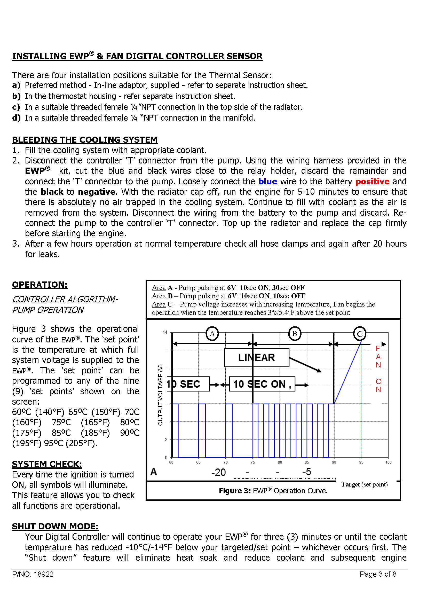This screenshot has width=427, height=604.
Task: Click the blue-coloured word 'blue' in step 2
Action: tap(267, 182)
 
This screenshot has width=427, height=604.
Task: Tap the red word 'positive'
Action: tap(372, 182)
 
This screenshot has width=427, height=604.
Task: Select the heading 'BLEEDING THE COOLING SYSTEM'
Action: tap(85, 140)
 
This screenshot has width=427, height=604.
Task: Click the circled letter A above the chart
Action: tap(212, 334)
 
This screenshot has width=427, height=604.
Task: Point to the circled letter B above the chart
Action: tap(295, 334)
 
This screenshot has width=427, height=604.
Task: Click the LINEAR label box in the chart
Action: tap(256, 357)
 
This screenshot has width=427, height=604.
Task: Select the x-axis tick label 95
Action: tap(361, 462)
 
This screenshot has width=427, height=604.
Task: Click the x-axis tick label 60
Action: tap(171, 462)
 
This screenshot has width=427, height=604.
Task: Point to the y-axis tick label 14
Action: tap(165, 333)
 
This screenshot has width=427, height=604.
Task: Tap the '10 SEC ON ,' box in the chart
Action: tap(262, 384)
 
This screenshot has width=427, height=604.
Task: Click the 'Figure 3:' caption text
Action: tap(235, 491)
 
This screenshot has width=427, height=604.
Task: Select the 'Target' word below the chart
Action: tap(351, 484)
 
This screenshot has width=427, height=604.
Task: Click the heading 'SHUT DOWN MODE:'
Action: tap(55, 526)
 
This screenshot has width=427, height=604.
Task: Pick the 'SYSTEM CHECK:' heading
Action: tap(47, 464)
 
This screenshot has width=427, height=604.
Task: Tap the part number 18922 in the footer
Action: tap(44, 574)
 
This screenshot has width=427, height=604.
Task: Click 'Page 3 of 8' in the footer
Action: tap(378, 574)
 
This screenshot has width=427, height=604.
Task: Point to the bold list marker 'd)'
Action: tap(16, 118)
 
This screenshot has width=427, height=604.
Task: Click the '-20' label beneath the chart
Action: tap(218, 473)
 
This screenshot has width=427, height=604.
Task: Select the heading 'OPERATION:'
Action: tap(40, 285)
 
